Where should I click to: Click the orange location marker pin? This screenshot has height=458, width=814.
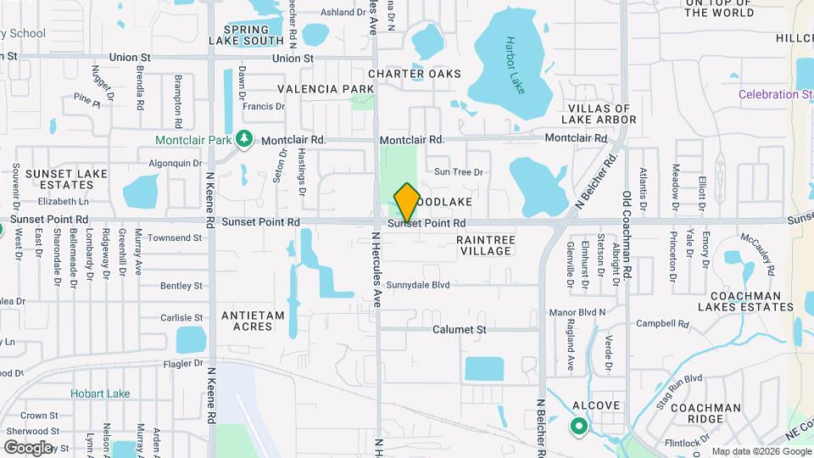tap(407, 202)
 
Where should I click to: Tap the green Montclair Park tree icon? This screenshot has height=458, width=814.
tap(244, 138)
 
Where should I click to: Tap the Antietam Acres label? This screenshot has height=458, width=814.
tap(253, 321)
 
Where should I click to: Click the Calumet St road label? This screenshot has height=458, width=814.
tap(459, 329)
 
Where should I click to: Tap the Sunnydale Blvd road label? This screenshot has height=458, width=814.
tap(417, 286)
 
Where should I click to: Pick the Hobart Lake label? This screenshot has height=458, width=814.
tap(100, 394)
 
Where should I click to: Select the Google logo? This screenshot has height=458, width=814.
tap(28, 447)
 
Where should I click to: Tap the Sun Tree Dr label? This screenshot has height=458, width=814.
tap(458, 172)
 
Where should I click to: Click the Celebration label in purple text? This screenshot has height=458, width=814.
tap(774, 94)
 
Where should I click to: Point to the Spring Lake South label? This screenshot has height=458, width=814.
tap(246, 34)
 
